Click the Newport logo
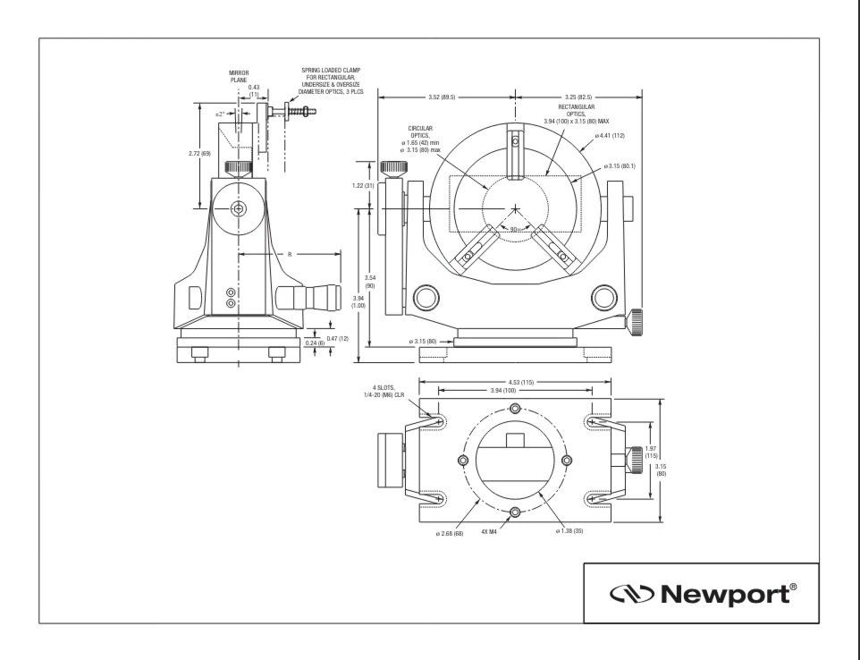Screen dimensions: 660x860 (700, 593)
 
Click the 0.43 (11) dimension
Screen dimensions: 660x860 (254, 90)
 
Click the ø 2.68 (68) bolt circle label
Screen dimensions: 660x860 (449, 533)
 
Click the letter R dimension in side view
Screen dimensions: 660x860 (290, 255)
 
